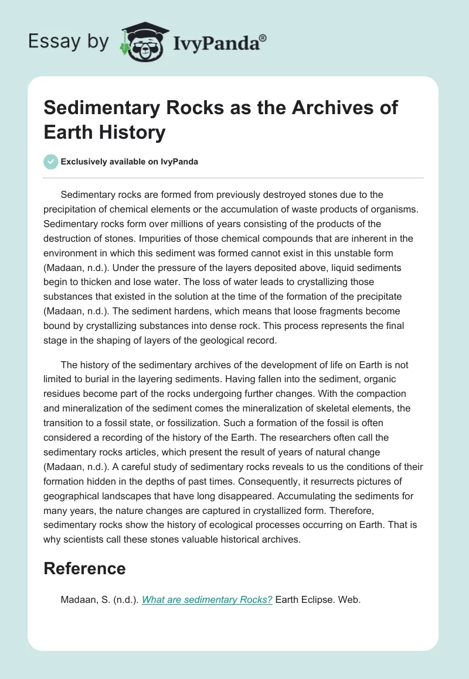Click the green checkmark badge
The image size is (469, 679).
[51, 162]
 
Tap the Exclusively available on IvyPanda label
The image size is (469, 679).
[129, 162]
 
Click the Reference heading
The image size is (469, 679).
[84, 568]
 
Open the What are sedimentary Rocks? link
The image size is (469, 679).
[207, 600]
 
